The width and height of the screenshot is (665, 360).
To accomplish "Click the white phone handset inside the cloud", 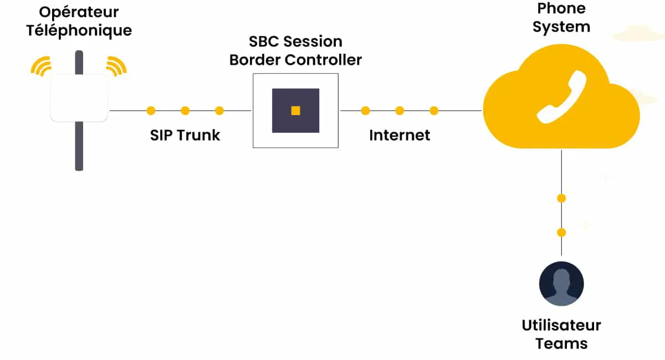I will (561, 97).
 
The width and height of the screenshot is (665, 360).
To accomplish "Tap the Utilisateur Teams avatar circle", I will (561, 284).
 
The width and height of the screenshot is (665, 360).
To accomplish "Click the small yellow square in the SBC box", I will (295, 111).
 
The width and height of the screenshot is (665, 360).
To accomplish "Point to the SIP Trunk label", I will (185, 135).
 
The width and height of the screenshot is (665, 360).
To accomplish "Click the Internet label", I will (400, 135).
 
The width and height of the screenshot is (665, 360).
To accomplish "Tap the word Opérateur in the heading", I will (79, 12).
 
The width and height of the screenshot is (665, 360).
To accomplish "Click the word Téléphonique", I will (79, 30).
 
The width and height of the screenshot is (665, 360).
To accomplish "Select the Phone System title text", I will (561, 17).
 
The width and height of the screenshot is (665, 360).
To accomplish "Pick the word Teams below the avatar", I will (561, 343).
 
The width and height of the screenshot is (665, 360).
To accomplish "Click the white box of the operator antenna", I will (79, 98).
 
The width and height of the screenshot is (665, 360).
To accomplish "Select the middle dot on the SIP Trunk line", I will (185, 111).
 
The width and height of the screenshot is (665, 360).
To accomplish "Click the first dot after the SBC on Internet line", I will (365, 111).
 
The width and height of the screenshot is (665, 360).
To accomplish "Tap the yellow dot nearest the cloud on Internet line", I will (434, 111).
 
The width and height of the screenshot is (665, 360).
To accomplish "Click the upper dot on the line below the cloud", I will (561, 198).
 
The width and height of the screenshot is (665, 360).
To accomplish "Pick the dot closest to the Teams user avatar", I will (561, 232).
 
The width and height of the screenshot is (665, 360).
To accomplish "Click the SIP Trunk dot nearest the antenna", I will (151, 111).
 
